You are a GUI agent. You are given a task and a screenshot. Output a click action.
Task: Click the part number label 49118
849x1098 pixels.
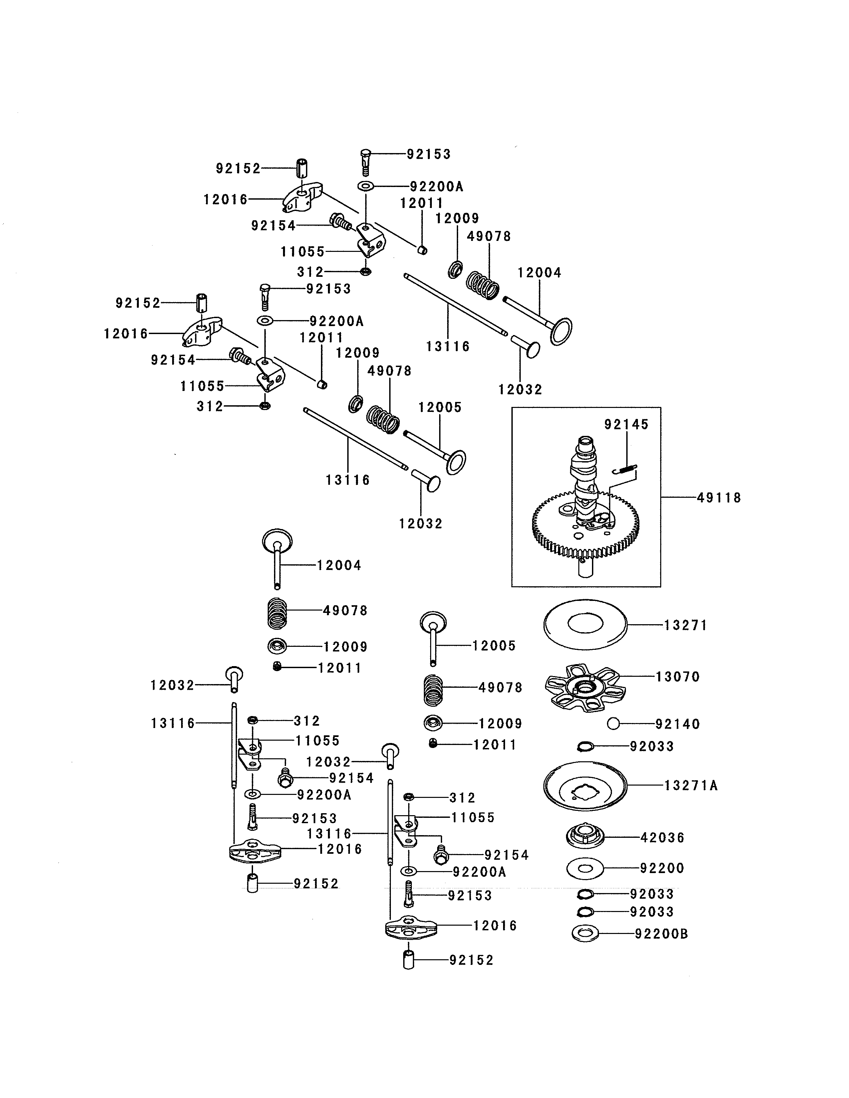coord(719,498)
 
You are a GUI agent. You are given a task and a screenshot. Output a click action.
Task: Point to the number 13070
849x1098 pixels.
coord(678,677)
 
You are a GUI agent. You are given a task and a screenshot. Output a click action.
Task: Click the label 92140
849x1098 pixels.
coord(678,724)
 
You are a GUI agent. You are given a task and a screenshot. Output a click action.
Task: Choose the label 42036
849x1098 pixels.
coord(663,837)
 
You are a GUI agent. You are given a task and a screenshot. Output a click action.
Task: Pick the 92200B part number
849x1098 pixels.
coord(662,934)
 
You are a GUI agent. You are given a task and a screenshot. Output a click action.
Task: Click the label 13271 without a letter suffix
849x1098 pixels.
coord(686,626)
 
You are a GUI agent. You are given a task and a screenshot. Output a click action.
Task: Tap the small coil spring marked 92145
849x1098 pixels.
coord(626,469)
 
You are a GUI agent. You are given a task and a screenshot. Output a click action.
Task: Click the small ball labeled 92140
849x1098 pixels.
coord(613,724)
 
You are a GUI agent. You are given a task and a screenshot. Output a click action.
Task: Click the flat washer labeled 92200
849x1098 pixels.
coord(585,868)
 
